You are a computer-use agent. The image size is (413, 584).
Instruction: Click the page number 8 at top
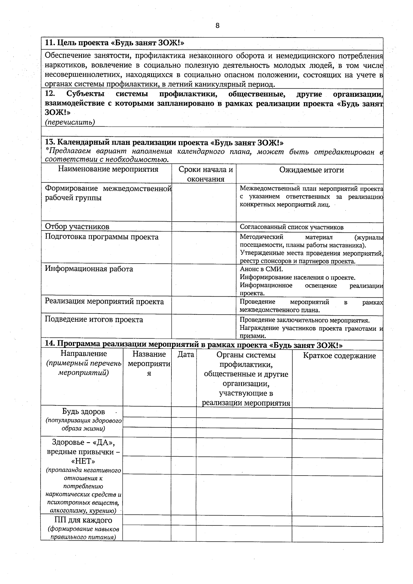[x=217, y=26]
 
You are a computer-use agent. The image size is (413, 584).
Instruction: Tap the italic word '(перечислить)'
[x=70, y=122]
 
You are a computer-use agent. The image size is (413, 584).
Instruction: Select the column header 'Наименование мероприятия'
[x=108, y=169]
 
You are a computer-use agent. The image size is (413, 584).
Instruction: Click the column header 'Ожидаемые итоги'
[x=311, y=170]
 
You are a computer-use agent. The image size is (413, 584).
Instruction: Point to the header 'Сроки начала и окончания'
[x=205, y=174]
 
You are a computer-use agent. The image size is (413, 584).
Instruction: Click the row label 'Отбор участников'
[x=77, y=226]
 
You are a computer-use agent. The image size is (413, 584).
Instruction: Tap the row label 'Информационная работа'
[x=89, y=269]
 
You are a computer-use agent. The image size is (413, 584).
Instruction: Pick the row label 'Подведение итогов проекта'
[x=94, y=319]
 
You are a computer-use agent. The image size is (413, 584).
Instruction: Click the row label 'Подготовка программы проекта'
[x=102, y=237]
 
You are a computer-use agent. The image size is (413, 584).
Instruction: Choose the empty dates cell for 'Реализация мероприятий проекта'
[x=204, y=305]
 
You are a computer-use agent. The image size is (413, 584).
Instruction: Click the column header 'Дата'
[x=186, y=354]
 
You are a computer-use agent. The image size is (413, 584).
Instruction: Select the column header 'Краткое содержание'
[x=339, y=355]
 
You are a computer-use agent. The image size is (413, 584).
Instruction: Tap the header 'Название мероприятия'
[x=149, y=363]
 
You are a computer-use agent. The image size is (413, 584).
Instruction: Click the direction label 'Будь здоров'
[x=83, y=412]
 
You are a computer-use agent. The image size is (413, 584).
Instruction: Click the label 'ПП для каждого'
[x=83, y=520]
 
